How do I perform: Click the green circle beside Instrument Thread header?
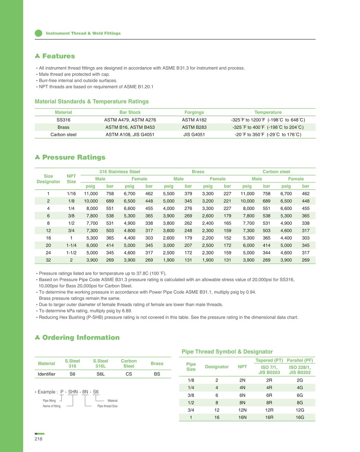coord(38,33)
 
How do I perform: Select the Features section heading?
coord(58,56)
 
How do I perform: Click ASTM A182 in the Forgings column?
coord(194,120)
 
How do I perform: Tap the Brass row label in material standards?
coord(63,127)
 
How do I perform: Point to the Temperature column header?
coord(268,112)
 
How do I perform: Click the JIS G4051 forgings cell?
coord(194,134)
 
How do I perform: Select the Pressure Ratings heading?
coord(74,157)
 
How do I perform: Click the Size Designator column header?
coord(48,179)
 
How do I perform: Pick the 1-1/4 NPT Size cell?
coord(71,245)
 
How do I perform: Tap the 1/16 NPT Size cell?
coord(71,193)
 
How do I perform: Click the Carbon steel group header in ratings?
coord(276,171)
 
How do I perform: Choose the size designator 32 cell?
coord(48,260)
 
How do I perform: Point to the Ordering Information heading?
coord(81,338)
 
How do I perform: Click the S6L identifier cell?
coord(100,374)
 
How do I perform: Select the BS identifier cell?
coord(157,374)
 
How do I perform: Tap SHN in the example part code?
coord(73,392)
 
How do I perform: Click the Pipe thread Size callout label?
coord(107,406)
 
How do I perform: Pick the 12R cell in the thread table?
coord(269,410)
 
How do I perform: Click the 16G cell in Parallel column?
coord(300,417)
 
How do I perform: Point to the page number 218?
coord(38,439)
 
